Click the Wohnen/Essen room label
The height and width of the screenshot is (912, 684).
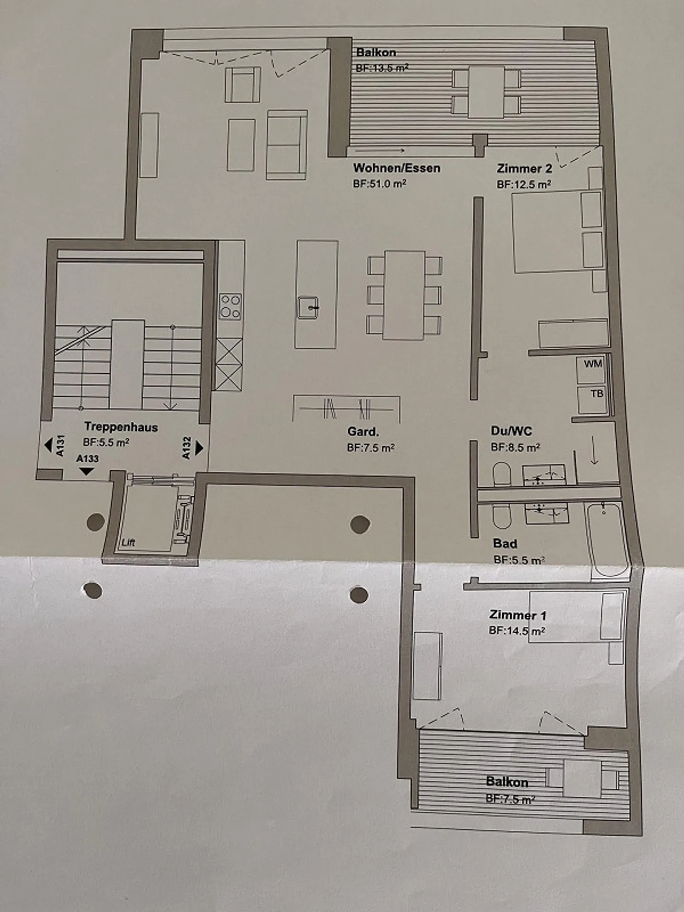pos(396,168)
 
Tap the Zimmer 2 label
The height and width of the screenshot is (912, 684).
pos(524,169)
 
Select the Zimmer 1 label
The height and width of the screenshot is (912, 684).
pos(518,615)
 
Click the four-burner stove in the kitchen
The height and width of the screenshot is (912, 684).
pos(230,306)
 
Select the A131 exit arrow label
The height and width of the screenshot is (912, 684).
pos(55,446)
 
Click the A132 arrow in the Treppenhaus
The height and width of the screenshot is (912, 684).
pos(193,448)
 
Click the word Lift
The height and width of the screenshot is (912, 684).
pos(128,542)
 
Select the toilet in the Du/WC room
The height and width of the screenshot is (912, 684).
pos(501,474)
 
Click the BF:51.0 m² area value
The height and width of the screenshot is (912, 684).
pos(379,184)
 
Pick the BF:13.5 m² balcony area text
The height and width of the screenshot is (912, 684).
pos(382,68)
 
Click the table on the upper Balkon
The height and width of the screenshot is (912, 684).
pos(486,92)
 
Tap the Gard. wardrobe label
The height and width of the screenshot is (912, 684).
pos(363,432)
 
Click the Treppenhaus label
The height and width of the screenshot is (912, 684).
pos(121,427)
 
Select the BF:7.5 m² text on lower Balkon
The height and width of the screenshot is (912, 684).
pos(510,799)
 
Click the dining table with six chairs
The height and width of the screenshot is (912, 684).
pos(404,295)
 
